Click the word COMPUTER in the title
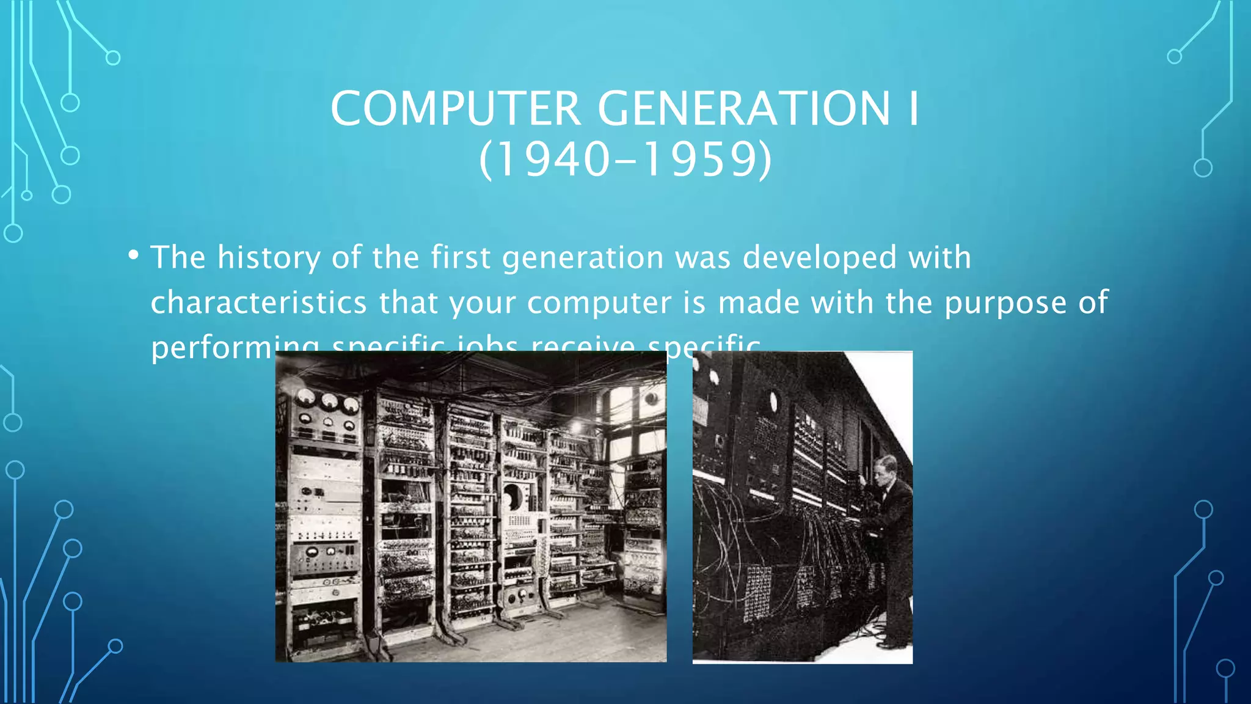click(x=456, y=109)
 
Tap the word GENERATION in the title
click(x=743, y=109)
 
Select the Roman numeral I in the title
click(x=913, y=109)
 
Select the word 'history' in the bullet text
click(x=269, y=257)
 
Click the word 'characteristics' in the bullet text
click(x=259, y=302)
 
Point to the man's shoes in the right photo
click(x=892, y=643)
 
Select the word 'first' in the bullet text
click(x=461, y=257)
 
